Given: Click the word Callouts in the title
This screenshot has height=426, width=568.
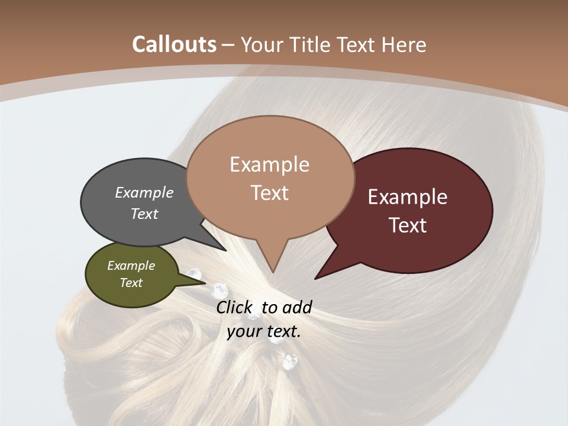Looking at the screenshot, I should [175, 44].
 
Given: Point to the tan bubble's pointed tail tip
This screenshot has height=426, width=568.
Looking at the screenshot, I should [273, 272].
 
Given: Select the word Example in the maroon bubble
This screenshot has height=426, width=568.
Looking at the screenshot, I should [408, 197].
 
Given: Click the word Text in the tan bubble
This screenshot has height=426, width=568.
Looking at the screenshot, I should [270, 193].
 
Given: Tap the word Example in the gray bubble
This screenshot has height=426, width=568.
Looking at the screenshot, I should [144, 192].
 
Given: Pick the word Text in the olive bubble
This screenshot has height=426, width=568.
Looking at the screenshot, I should [131, 283].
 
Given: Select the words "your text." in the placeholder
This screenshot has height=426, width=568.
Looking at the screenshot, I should [264, 331].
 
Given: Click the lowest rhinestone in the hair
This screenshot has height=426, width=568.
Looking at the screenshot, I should [290, 361].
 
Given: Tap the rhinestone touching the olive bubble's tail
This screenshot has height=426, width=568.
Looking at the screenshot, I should [220, 290].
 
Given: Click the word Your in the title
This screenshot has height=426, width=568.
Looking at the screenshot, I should [261, 44].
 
